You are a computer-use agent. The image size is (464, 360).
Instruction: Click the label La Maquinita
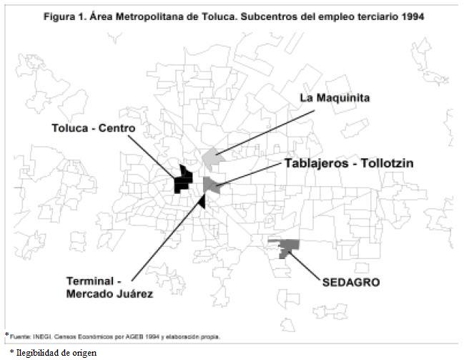tap(334, 97)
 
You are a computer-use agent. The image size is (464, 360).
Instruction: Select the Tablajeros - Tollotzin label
tap(348, 163)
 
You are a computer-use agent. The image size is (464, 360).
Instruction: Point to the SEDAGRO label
tap(350, 282)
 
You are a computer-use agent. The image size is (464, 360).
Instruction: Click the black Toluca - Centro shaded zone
tap(184, 180)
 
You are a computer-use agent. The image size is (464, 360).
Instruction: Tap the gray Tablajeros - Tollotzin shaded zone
tap(211, 185)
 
